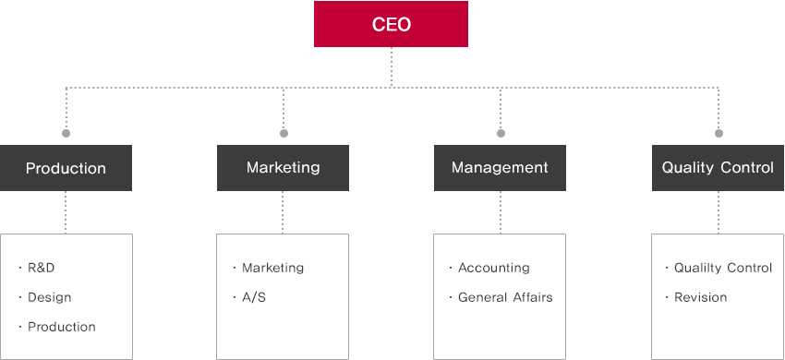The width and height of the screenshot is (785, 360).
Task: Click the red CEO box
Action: pyautogui.click(x=391, y=24)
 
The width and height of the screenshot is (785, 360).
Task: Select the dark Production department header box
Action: pyautogui.click(x=66, y=168)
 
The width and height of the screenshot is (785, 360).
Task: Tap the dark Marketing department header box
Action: pyautogui.click(x=283, y=168)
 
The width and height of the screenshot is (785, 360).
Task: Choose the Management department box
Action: pyautogui.click(x=500, y=168)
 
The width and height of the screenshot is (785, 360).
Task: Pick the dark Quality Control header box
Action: pyautogui.click(x=718, y=168)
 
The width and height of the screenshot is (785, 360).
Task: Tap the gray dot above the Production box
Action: pyautogui.click(x=66, y=133)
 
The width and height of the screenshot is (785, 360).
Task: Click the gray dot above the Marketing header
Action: pyautogui.click(x=284, y=133)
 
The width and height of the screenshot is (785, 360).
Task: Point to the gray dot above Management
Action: pyautogui.click(x=501, y=133)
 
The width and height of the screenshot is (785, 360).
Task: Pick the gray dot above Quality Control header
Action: pyautogui.click(x=719, y=133)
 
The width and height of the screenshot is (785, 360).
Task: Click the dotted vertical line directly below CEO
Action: pyautogui.click(x=391, y=67)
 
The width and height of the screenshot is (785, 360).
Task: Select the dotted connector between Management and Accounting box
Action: pyautogui.click(x=501, y=212)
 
